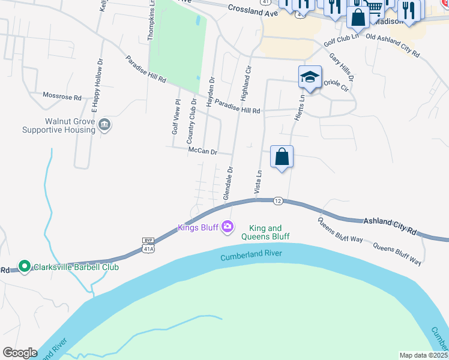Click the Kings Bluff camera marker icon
[x=228, y=227]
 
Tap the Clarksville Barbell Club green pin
[x=25, y=266]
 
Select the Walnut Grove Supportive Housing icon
[x=104, y=125]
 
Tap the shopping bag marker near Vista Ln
[x=282, y=157]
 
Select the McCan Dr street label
[x=202, y=151]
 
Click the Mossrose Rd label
[x=62, y=96]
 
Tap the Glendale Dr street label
[x=228, y=183]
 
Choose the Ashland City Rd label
[x=389, y=226]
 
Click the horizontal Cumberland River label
[x=251, y=255]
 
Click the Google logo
[x=20, y=353]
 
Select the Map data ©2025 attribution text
[x=423, y=355]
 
